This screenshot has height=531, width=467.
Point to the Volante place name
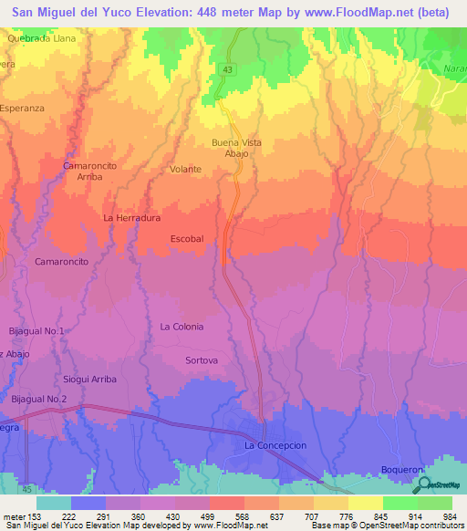(x=185, y=170)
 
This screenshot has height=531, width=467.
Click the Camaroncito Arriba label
(x=89, y=171)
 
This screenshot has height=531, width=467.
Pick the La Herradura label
(x=132, y=218)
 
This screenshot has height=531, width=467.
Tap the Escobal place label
(x=187, y=238)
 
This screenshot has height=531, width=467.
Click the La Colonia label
(x=182, y=326)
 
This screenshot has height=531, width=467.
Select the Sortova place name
(x=202, y=360)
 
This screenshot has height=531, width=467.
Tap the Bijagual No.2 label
(x=39, y=399)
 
